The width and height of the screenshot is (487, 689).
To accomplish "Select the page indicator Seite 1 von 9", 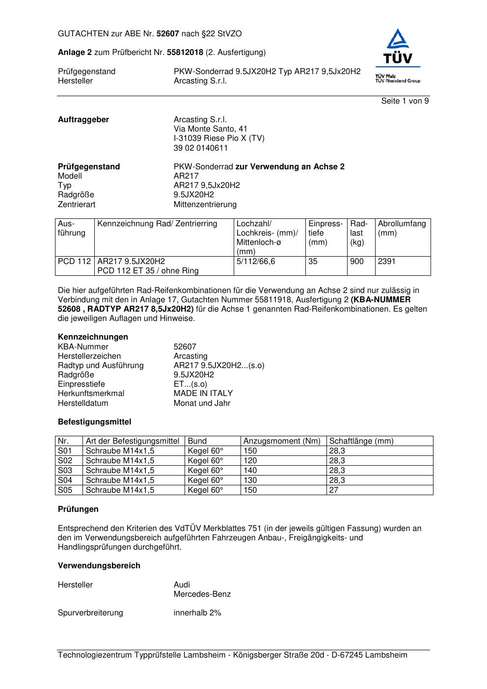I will [405, 101].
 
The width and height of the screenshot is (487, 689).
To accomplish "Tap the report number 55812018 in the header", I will [185, 52].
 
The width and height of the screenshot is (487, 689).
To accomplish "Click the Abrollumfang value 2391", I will [386, 262].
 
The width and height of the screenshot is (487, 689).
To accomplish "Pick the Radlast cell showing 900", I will [357, 262].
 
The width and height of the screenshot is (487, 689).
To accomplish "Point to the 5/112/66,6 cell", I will [256, 262].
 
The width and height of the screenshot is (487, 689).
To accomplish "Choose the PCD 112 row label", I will [74, 262].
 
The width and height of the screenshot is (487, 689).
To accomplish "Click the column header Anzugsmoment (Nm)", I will [282, 441].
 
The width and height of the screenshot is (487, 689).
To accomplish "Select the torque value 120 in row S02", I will [250, 461].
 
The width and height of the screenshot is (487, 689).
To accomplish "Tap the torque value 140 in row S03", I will [250, 471].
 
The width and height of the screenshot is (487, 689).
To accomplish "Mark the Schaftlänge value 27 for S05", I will [334, 490].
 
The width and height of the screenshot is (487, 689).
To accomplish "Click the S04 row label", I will [65, 480].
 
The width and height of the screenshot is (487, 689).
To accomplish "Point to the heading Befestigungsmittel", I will [94, 422].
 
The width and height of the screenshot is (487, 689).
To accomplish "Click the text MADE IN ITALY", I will [203, 394].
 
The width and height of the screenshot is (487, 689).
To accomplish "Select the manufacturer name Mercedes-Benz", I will [202, 594].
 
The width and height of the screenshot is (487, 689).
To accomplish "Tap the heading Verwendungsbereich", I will [99, 566].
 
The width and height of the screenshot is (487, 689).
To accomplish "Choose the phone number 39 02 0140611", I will [201, 148].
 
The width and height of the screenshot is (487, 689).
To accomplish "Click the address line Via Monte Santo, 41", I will [211, 129].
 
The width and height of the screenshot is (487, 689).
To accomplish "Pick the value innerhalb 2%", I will [197, 613].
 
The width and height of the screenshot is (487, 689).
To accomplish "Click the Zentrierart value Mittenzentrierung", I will [205, 205].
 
